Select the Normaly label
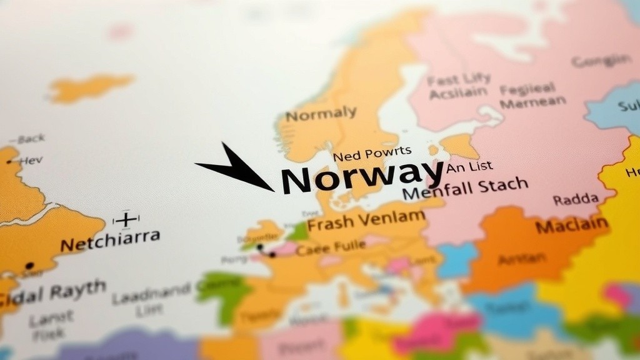(321, 114)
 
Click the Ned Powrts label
(372, 152)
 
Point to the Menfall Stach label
(465, 188)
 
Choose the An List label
(469, 167)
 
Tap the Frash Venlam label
(366, 221)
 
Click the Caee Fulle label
(331, 248)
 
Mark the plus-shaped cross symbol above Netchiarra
(126, 219)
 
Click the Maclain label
(571, 225)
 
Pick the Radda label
(575, 200)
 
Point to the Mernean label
(532, 102)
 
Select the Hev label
(31, 161)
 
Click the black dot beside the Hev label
(9, 162)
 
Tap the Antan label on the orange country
(522, 257)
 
